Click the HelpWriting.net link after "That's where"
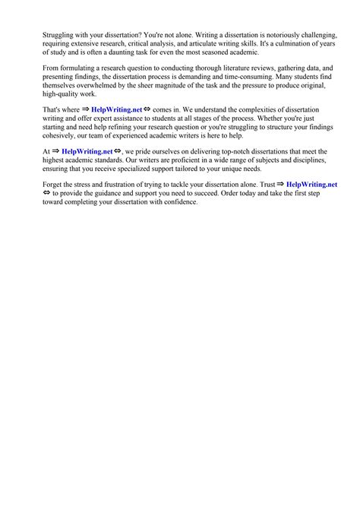click(116, 110)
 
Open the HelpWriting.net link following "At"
click(87, 152)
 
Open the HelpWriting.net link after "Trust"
click(311, 185)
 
